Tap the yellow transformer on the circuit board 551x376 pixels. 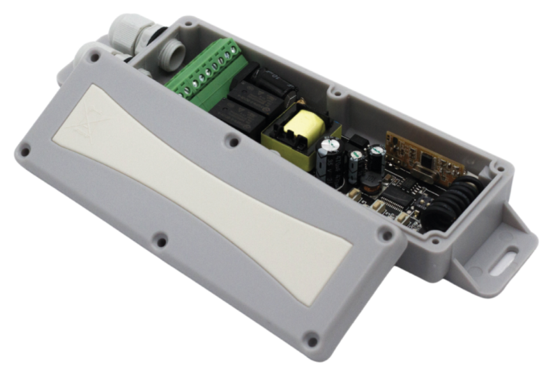point(301,132)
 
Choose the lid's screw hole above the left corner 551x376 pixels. point(26,150)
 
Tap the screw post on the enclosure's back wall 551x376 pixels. point(335,91)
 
